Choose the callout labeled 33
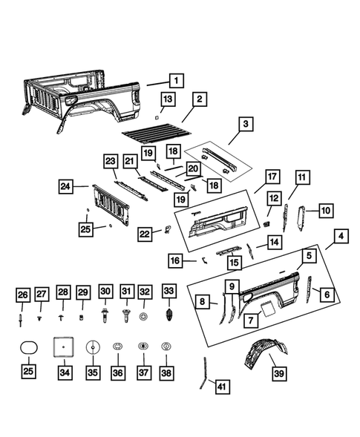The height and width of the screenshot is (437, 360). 169,291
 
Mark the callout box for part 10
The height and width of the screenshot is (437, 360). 326,211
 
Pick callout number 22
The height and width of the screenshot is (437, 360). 147,234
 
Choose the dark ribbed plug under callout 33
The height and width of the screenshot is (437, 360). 169,315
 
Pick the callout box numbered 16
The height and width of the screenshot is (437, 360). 175,261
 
